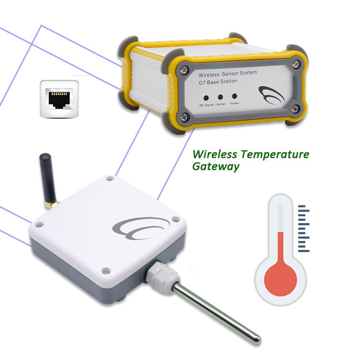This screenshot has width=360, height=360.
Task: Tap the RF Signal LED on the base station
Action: click(206, 96)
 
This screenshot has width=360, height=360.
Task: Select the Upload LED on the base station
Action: click(221, 96)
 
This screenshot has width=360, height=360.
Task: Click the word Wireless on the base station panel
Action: click(209, 76)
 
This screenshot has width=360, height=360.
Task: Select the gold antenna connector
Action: click(52, 204)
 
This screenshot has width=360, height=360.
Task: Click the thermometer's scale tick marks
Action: click(303, 228)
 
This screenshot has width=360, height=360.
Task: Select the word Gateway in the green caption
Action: click(216, 167)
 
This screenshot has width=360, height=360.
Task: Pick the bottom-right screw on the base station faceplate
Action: click(296, 108)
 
